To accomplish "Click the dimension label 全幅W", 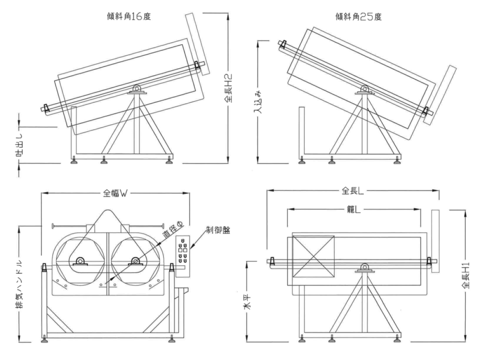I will click(116, 193).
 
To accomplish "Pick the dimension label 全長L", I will click(353, 191).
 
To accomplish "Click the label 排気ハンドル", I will click(19, 283).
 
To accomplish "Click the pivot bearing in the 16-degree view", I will click(136, 89).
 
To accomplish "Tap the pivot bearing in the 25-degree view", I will click(365, 89).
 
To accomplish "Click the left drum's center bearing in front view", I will click(79, 261).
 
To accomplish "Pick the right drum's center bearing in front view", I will click(136, 261).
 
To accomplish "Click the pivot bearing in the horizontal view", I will click(364, 268).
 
